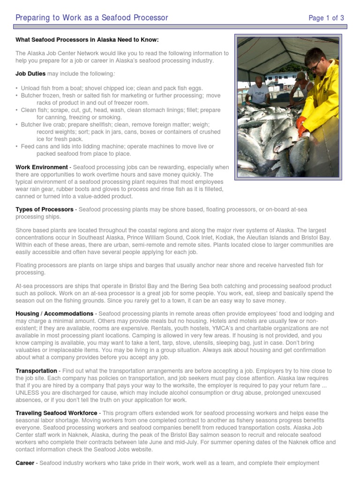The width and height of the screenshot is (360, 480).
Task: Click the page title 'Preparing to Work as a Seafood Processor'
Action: pyautogui.click(x=92, y=18)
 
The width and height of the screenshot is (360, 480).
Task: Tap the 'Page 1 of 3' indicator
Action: pyautogui.click(x=326, y=18)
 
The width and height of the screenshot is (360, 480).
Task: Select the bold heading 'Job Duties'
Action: pyautogui.click(x=30, y=74)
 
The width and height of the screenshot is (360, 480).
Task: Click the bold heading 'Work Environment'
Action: pyautogui.click(x=41, y=167)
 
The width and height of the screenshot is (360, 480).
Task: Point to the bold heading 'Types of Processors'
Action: pyautogui.click(x=45, y=209)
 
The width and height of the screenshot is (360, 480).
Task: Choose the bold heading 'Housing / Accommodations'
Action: pyautogui.click(x=54, y=313)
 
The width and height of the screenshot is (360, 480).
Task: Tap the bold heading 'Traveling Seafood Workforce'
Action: pyautogui.click(x=57, y=412)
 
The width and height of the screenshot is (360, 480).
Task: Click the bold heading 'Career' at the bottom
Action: pyautogui.click(x=25, y=463)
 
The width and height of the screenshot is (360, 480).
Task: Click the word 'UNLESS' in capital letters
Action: pyautogui.click(x=28, y=392)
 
